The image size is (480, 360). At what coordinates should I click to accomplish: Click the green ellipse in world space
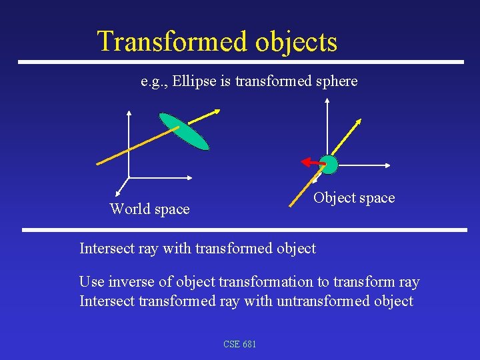click(x=185, y=131)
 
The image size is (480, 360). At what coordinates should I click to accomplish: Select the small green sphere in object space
click(x=329, y=163)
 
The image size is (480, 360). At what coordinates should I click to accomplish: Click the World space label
click(x=149, y=209)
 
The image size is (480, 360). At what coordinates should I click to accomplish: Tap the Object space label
click(x=354, y=198)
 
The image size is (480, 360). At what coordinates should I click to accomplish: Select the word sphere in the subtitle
click(x=337, y=81)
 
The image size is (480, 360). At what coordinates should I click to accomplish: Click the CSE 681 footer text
click(x=240, y=344)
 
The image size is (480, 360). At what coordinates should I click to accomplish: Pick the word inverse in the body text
click(x=125, y=282)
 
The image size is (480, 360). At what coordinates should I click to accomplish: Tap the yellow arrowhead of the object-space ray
click(x=359, y=123)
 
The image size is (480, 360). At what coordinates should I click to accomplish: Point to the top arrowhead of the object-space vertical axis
click(x=327, y=101)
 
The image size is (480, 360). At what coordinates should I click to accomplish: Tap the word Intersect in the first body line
click(x=107, y=249)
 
